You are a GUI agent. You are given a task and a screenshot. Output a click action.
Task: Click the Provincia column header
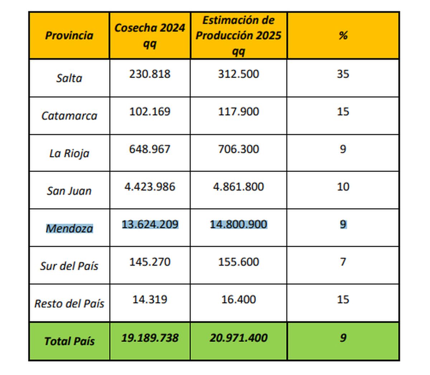click(69, 35)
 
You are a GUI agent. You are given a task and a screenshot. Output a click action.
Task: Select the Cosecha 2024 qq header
click(149, 35)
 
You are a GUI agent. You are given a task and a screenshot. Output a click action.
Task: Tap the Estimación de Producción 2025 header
click(238, 35)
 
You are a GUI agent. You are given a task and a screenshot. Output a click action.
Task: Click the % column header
click(343, 35)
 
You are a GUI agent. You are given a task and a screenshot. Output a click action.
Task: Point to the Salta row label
click(69, 78)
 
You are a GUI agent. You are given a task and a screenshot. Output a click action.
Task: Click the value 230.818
click(150, 74)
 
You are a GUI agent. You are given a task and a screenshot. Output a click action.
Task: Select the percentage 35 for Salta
click(343, 74)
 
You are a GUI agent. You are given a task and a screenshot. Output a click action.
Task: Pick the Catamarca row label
click(69, 116)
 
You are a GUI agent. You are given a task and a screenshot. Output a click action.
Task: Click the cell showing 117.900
click(238, 112)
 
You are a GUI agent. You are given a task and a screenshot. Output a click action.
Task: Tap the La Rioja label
click(69, 153)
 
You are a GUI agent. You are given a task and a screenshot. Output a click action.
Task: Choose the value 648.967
click(150, 149)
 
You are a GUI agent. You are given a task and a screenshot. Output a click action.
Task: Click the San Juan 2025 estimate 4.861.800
click(238, 187)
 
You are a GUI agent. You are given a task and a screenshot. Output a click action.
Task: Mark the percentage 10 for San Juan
click(343, 187)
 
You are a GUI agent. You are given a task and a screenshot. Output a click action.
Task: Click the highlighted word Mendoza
click(69, 228)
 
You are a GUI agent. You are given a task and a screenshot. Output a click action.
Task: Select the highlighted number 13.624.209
click(150, 224)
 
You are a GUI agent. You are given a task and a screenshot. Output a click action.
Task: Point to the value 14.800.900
click(238, 224)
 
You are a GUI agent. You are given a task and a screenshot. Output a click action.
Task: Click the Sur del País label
click(69, 266)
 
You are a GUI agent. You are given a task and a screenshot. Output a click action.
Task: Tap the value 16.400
click(238, 299)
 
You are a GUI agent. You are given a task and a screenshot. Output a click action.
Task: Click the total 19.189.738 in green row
click(150, 338)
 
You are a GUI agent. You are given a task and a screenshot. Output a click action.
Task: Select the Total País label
click(69, 341)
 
